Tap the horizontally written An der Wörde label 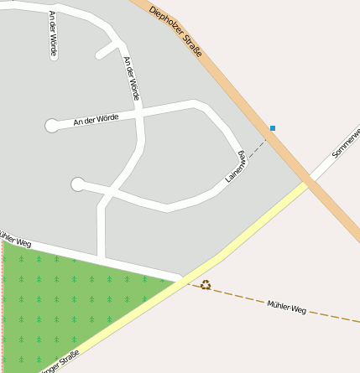97,120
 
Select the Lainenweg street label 235,167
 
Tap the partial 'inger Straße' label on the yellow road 60,361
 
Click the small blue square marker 272,128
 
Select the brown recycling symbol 206,285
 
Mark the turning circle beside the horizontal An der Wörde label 52,126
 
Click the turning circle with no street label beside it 78,184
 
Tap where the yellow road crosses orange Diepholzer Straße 307,182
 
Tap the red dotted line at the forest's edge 3,310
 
